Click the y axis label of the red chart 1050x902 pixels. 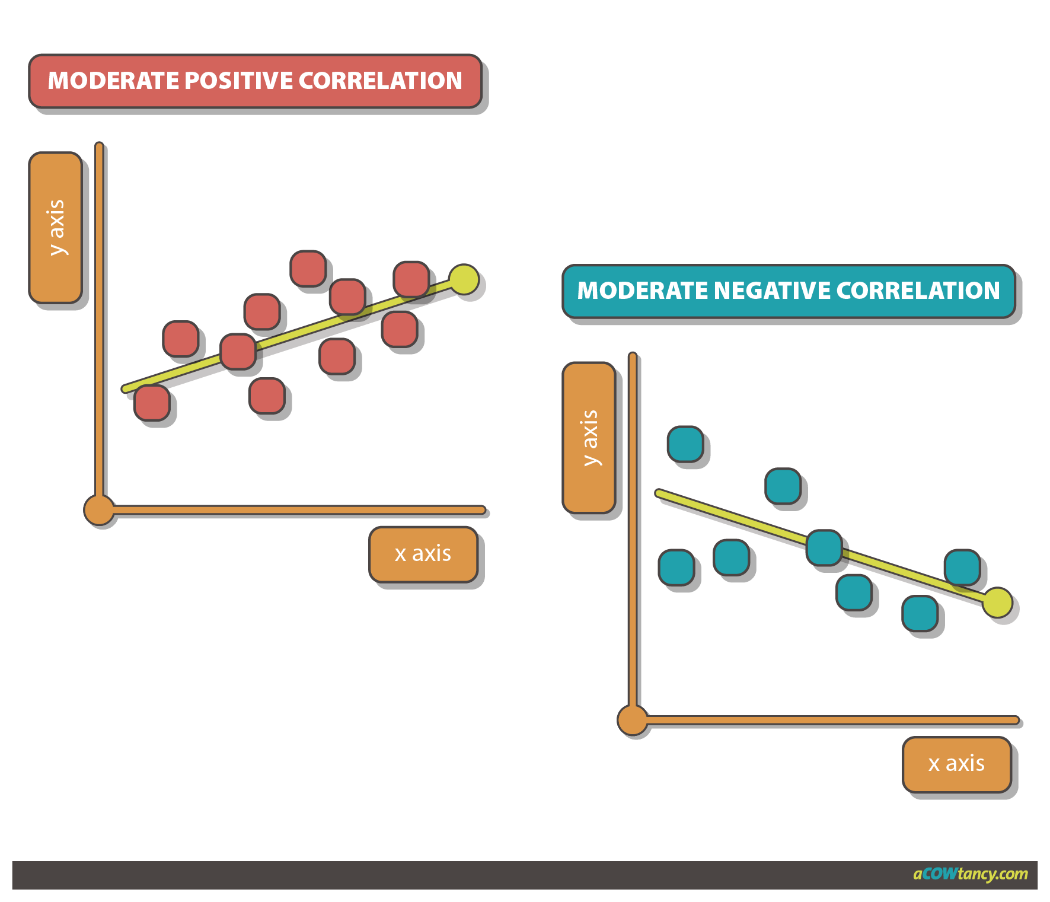(56, 228)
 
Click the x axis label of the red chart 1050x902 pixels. (423, 553)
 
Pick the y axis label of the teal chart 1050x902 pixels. (589, 438)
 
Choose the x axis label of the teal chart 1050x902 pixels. (956, 763)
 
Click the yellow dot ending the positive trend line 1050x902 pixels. (464, 279)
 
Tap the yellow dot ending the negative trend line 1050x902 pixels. (997, 602)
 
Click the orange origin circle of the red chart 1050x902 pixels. (98, 509)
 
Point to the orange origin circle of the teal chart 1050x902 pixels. (632, 719)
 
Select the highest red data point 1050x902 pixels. (308, 268)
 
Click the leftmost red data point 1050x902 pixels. (152, 403)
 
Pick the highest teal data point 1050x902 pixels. (685, 444)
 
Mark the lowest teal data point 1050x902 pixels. (920, 614)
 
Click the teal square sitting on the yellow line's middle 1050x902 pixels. (824, 547)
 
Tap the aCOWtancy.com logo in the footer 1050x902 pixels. (970, 874)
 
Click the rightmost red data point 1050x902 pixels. (411, 279)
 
